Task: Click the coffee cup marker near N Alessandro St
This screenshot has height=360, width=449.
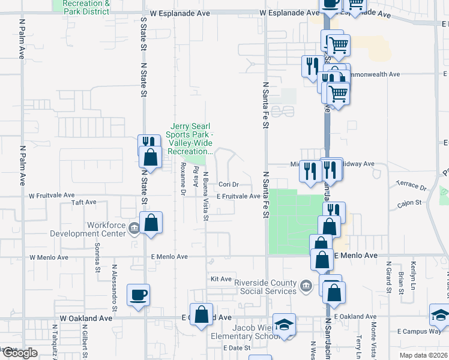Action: click(139, 295)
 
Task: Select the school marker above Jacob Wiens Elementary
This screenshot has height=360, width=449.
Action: click(284, 325)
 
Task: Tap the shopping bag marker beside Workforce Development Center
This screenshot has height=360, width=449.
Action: click(152, 222)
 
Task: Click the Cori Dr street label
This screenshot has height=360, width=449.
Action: click(229, 184)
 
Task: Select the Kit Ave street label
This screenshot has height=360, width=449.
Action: click(221, 279)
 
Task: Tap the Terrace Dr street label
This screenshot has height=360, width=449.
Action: click(411, 186)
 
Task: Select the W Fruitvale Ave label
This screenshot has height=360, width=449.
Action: click(52, 196)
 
